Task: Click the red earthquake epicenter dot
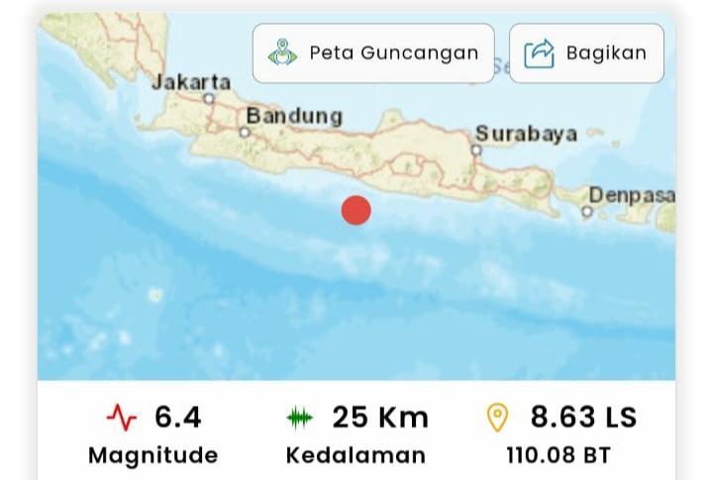[x=355, y=211]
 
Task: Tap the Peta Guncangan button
[x=373, y=53]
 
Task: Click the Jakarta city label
[x=191, y=82]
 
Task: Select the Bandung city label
[x=294, y=116]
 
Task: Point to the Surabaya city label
[x=526, y=134]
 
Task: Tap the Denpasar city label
[x=632, y=195]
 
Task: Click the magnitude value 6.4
[x=177, y=418]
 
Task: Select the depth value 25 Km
[x=380, y=418]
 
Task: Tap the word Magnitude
[x=152, y=455]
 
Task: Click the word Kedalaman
[x=355, y=455]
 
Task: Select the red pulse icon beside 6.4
[x=122, y=419]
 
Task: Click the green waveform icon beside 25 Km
[x=299, y=419]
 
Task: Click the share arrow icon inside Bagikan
[x=539, y=53]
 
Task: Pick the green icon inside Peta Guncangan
[x=282, y=53]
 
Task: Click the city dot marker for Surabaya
[x=476, y=150]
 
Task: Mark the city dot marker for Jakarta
[x=209, y=99]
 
